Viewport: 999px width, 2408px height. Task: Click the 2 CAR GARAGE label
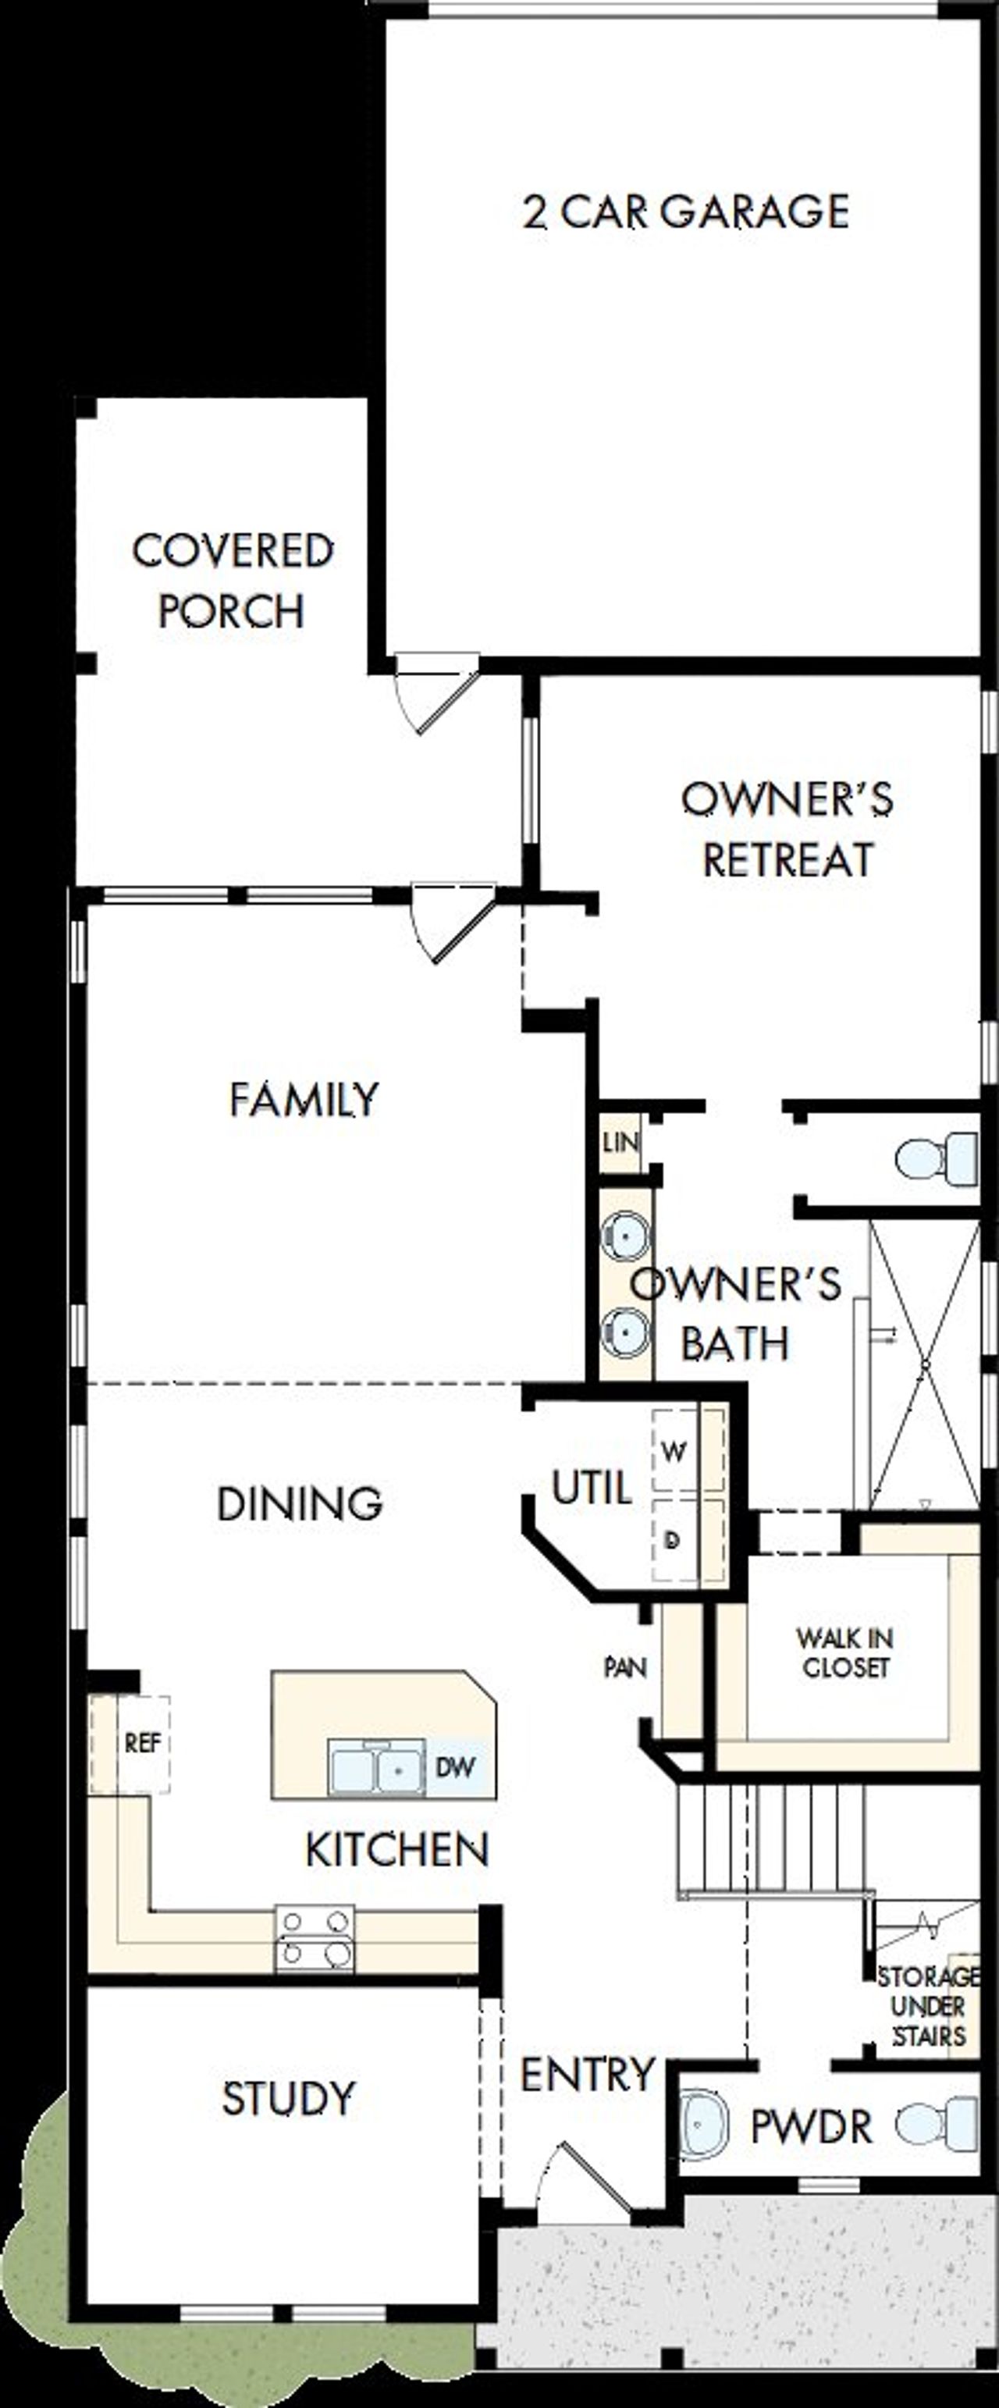coord(686,212)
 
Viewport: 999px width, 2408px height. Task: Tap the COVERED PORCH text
coord(232,581)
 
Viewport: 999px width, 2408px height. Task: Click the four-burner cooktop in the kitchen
coord(315,1939)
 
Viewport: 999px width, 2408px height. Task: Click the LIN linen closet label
coord(620,1142)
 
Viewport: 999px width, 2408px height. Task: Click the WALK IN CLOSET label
coord(844,1652)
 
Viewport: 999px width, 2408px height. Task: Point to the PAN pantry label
coord(625,1666)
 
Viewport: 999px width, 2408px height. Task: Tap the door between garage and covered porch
coord(432,692)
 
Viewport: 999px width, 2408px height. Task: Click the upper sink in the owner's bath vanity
coord(624,1236)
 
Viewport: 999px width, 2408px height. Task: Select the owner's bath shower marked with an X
coord(924,1364)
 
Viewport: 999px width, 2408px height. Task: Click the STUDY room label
coord(289,2099)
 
